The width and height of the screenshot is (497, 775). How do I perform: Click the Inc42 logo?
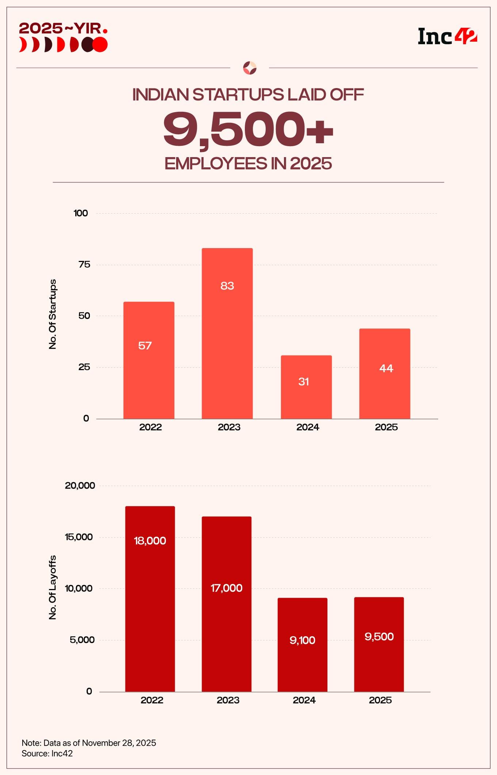point(447,37)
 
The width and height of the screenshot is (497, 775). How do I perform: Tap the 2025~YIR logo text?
point(63,29)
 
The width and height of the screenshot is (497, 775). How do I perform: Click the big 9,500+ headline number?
point(248,130)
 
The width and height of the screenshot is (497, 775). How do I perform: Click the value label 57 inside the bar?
point(145,346)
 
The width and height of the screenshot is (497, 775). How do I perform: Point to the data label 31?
point(304,382)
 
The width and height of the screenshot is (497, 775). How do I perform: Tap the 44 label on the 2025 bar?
point(386,368)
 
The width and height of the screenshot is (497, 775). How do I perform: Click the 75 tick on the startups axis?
point(84,265)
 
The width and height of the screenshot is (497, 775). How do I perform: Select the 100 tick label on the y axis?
point(81,213)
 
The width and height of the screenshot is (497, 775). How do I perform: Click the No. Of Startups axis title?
point(53,314)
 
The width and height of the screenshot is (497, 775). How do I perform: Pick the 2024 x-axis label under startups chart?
point(308,427)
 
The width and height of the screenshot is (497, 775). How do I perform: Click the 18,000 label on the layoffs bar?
point(150,541)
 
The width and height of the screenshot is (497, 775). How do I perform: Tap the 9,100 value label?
point(302,640)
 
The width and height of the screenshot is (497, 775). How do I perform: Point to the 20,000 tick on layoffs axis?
point(80,486)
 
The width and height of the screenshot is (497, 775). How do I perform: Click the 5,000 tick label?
point(82,640)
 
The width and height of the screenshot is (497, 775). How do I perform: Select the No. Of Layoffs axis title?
point(53,587)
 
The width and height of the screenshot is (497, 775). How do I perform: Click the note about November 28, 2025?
point(89,743)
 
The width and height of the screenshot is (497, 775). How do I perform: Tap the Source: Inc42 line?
point(47,753)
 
